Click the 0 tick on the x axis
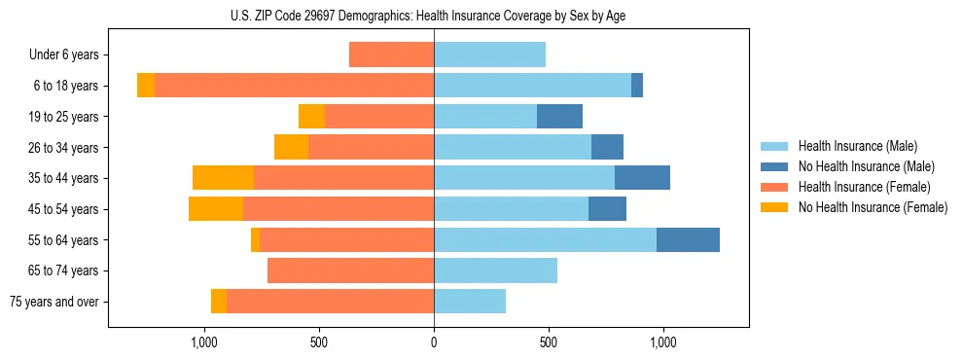(434, 342)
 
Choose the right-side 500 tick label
(549, 342)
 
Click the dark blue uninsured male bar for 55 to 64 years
(688, 239)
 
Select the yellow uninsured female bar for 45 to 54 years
(216, 209)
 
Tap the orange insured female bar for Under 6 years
(391, 55)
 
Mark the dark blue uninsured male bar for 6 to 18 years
(637, 86)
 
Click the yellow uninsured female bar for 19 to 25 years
(311, 117)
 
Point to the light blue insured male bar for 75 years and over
(470, 302)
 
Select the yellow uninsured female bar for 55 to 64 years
(255, 239)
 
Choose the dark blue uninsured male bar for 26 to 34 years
(607, 147)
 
